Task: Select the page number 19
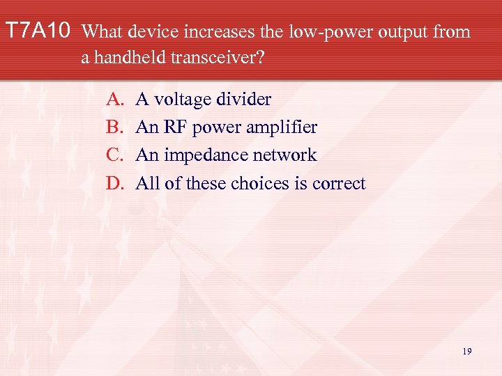[x=466, y=352]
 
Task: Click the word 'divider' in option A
[x=245, y=100]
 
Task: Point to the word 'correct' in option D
[x=339, y=183]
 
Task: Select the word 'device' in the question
[x=149, y=31]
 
